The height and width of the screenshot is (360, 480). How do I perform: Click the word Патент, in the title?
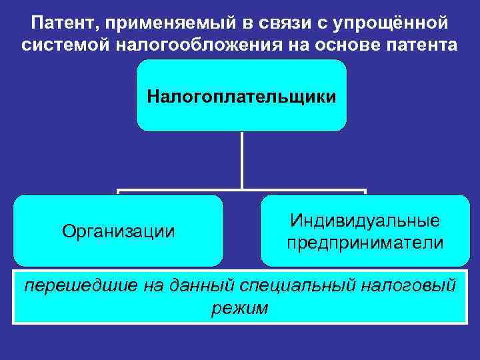[x=60, y=24]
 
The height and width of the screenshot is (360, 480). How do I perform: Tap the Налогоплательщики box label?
[x=241, y=97]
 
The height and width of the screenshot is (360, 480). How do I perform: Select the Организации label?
[x=119, y=231]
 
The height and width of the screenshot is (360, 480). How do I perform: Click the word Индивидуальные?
[x=365, y=220]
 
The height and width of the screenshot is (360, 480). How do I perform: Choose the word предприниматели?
[x=365, y=243]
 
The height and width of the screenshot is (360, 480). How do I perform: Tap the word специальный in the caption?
[x=301, y=286]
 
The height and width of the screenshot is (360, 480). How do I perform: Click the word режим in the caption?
[x=239, y=308]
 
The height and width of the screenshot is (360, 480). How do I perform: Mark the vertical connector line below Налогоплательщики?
[x=241, y=160]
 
